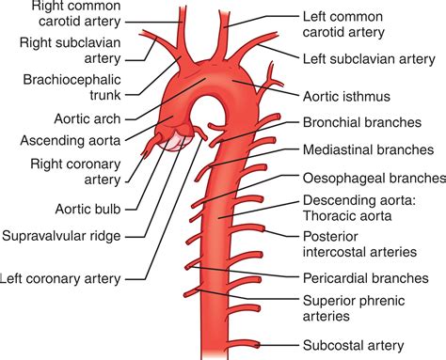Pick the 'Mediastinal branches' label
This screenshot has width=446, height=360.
click(x=368, y=149)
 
